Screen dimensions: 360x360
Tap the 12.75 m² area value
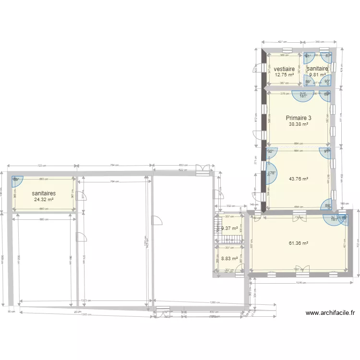click(284, 75)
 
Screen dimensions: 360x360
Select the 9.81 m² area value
click(318, 75)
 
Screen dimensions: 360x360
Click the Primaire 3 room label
click(298, 118)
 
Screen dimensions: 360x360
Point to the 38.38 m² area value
click(298, 124)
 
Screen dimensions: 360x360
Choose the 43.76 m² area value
click(298, 179)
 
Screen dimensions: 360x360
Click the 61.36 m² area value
click(298, 243)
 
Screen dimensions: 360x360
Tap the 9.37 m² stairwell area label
click(229, 228)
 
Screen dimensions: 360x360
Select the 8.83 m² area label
click(229, 258)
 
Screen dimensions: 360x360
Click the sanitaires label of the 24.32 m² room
click(43, 193)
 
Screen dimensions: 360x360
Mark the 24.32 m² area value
click(43, 200)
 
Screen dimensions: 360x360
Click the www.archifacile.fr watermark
click(330, 313)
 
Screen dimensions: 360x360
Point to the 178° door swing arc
click(270, 174)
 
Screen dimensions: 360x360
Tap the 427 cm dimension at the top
click(282, 42)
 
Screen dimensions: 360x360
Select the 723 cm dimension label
click(42, 166)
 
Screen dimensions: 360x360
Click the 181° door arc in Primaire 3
click(303, 96)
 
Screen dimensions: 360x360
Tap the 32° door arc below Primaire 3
click(271, 152)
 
